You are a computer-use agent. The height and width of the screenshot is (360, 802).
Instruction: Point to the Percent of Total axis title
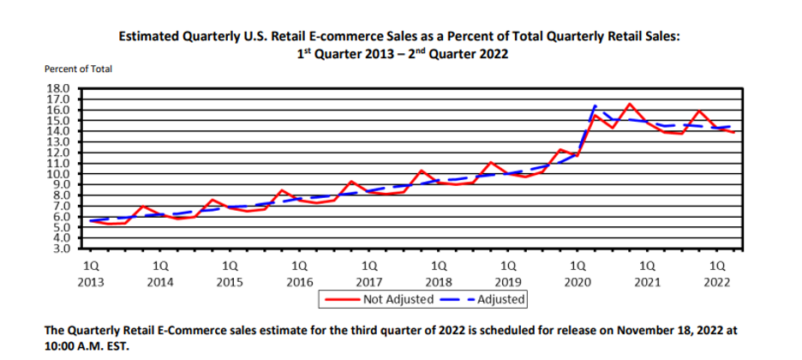(x=78, y=68)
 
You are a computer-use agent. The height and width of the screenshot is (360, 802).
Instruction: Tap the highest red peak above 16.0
(x=630, y=104)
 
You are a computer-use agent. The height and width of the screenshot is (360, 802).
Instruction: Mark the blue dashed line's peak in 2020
(x=596, y=105)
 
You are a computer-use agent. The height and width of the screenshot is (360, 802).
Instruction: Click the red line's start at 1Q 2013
(x=90, y=220)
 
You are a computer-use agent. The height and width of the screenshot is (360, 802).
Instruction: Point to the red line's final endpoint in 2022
(x=734, y=132)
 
